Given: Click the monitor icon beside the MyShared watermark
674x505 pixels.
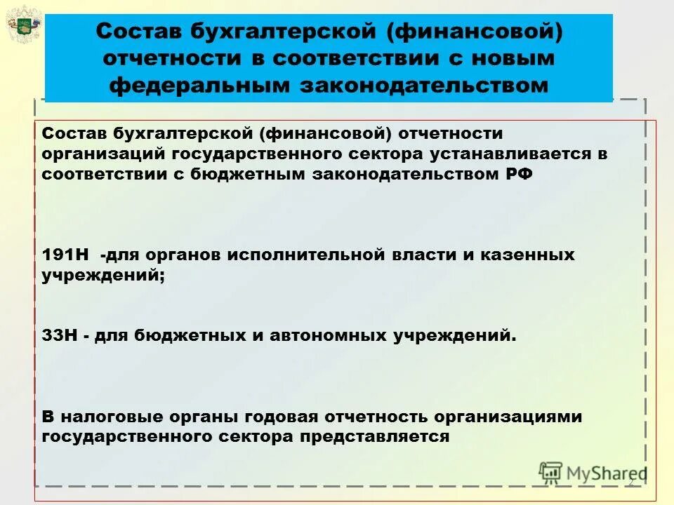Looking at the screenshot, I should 550,473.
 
